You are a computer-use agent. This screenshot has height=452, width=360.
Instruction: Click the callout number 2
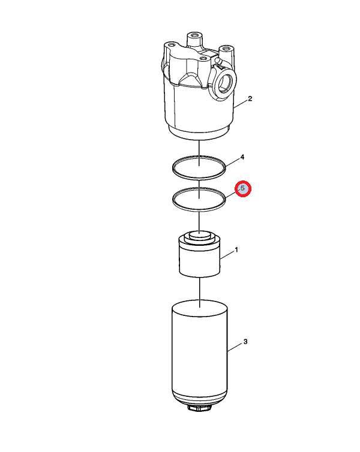point(250,98)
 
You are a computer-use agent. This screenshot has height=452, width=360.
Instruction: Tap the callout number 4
point(242,157)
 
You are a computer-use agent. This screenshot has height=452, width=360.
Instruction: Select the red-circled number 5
point(243,189)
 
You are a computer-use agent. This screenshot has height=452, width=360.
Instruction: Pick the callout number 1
point(236,249)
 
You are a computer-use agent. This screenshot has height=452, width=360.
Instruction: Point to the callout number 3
point(245,342)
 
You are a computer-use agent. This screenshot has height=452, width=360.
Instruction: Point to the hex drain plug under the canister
point(200,408)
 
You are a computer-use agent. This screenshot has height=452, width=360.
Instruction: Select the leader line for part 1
point(227,255)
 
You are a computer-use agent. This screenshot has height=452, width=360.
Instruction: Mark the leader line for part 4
point(232,163)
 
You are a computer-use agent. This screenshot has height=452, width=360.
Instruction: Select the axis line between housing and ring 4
point(199,153)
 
